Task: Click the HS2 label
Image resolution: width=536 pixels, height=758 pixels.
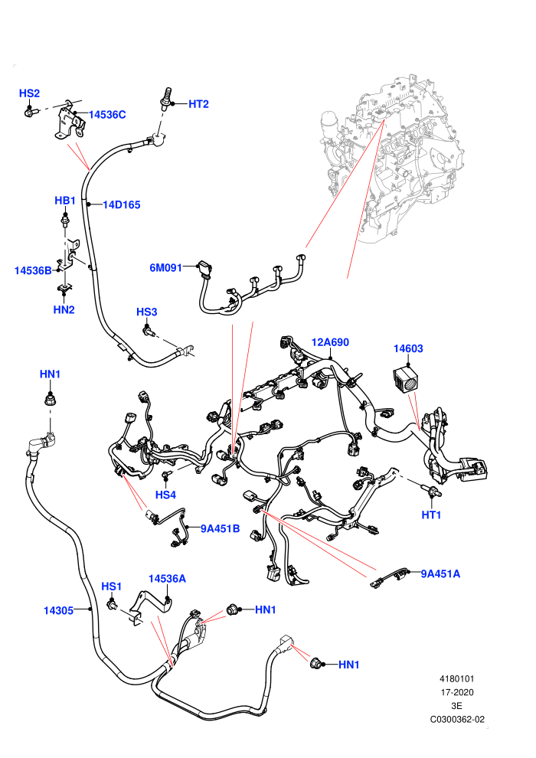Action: coord(30,93)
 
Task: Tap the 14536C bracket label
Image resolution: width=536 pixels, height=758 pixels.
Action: coord(107,115)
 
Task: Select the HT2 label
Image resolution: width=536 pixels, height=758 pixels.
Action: coord(198,104)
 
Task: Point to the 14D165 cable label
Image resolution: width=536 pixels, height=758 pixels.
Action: coord(121,205)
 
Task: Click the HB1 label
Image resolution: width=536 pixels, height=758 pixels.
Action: coord(65,201)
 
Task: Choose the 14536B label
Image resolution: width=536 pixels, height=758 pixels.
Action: coord(33,271)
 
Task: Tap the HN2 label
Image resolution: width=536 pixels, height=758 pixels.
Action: coord(64,310)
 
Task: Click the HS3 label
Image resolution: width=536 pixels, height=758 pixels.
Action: coord(147,312)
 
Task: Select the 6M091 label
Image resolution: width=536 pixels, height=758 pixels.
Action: coord(166,268)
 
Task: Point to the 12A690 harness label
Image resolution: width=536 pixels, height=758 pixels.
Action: coord(330,342)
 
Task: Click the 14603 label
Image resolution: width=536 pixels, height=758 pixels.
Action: coord(408,348)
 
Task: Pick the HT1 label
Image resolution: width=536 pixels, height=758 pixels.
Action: coord(431,515)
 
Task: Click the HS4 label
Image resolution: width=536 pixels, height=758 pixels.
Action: coord(165,495)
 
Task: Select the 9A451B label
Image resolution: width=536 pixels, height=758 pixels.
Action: coord(220,529)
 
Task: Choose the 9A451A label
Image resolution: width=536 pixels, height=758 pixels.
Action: coord(440,573)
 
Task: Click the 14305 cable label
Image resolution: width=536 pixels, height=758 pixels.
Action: coord(58,610)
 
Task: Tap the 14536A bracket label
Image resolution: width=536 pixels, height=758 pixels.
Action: coord(167,579)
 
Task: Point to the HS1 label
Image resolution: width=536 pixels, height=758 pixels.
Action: coord(111,586)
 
